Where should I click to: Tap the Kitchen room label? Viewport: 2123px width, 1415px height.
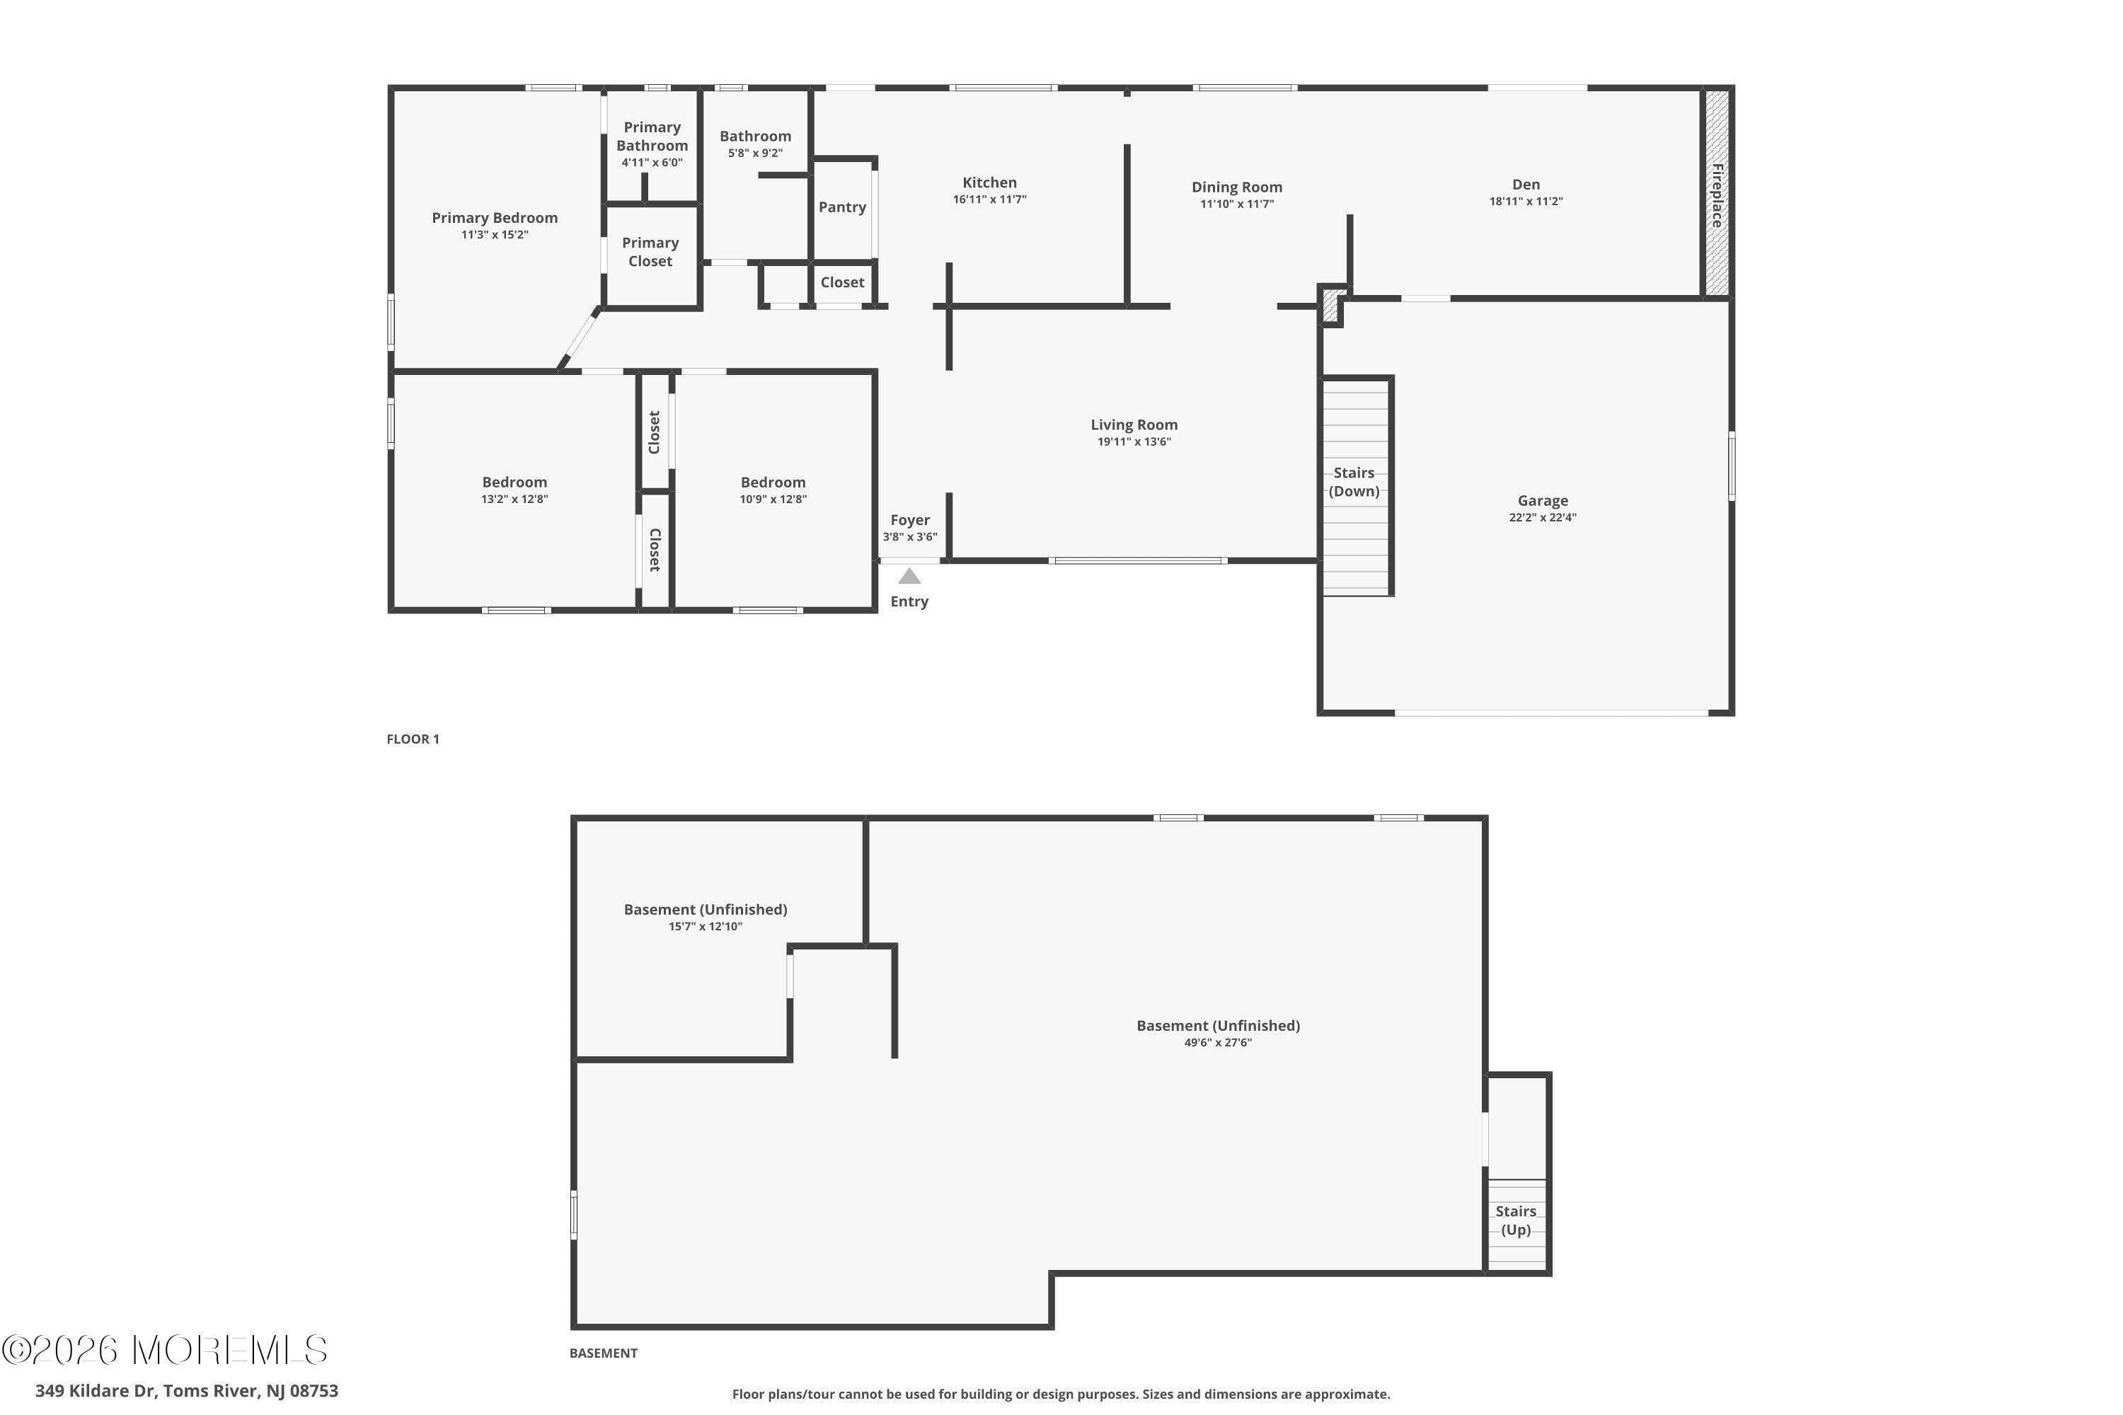(x=989, y=183)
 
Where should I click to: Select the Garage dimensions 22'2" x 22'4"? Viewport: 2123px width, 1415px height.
(x=1543, y=517)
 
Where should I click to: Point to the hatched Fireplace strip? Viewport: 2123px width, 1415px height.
(x=1717, y=193)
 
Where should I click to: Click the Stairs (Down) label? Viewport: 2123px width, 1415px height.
(x=1354, y=482)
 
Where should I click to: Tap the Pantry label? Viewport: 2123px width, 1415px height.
(x=842, y=207)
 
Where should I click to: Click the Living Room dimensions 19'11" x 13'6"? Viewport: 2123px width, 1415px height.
(x=1134, y=441)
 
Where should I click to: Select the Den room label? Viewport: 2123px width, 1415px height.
(x=1526, y=184)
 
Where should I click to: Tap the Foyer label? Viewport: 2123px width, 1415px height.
(x=910, y=520)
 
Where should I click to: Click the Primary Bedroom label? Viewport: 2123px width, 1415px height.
(x=495, y=217)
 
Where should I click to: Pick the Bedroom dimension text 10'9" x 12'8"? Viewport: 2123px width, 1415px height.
(x=773, y=499)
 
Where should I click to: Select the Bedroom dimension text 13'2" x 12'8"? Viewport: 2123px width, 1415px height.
(x=514, y=499)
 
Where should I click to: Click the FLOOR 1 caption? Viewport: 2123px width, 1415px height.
(x=413, y=739)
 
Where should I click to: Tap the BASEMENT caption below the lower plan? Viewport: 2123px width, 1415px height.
(x=603, y=1353)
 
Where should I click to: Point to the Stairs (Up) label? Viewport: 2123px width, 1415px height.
(x=1516, y=1220)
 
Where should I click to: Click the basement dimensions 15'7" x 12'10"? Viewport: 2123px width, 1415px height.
(x=705, y=926)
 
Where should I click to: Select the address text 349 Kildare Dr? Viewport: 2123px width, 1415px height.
(x=96, y=1391)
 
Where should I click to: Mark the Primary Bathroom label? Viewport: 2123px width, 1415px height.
(x=652, y=137)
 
